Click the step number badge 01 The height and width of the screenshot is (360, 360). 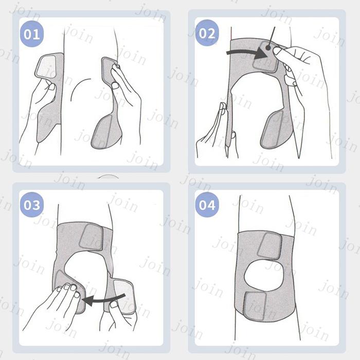click(32, 34)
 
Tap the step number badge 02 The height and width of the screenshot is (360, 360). click(207, 33)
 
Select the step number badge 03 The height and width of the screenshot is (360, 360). click(32, 205)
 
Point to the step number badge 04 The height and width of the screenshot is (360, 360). click(207, 205)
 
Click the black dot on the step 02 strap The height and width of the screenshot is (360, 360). click(268, 47)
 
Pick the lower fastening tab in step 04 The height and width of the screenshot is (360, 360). click(255, 307)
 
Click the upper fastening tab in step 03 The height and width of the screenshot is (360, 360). click(91, 237)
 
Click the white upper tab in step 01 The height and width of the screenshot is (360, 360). click(46, 66)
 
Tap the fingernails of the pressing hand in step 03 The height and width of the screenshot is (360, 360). click(68, 289)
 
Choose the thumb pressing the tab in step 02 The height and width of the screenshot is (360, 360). click(280, 53)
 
